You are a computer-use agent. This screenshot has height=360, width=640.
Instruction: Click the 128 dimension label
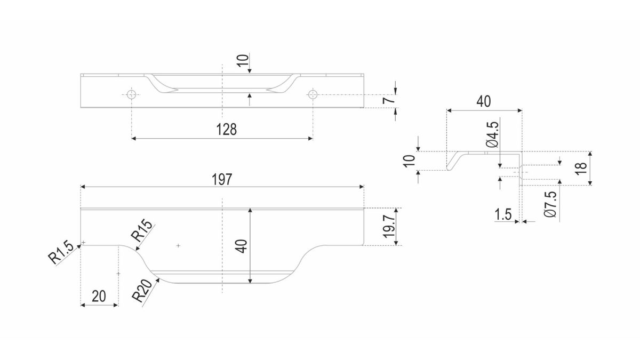coord(226,130)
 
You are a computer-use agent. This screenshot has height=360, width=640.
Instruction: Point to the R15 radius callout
coord(142,230)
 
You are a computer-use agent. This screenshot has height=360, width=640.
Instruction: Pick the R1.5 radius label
coord(60,252)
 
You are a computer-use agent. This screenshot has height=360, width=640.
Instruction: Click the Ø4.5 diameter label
coord(492,135)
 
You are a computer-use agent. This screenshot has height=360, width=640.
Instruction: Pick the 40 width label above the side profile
coord(484,101)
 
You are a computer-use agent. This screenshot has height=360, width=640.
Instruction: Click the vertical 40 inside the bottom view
coord(242,246)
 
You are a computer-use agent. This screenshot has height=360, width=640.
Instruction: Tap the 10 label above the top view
coord(243,61)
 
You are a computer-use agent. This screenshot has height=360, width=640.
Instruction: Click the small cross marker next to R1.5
coord(83,243)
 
